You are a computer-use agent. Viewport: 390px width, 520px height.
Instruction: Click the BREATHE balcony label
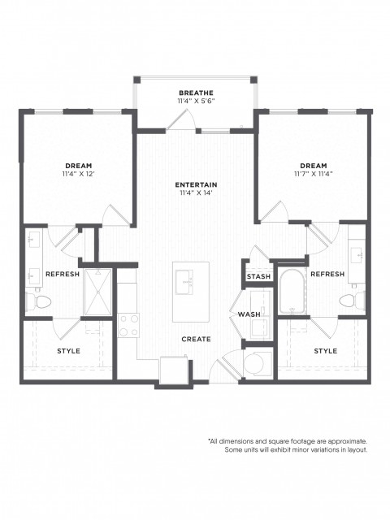[x=196, y=93]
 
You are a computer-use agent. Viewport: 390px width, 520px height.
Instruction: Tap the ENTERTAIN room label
[x=196, y=184]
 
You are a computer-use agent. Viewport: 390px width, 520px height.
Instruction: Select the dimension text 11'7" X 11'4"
[x=314, y=173]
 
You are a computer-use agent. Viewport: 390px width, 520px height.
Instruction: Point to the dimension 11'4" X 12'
[x=79, y=173]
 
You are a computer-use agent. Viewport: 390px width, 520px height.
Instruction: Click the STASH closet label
[x=258, y=276]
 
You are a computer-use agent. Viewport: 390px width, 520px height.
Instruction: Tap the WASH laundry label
[x=249, y=314]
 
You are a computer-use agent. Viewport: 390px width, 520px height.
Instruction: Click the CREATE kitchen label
[x=196, y=339]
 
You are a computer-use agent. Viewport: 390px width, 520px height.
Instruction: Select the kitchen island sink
[x=184, y=282]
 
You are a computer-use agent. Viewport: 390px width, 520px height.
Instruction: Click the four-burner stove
[x=128, y=325]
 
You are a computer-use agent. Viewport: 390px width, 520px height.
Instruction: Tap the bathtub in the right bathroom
[x=292, y=292]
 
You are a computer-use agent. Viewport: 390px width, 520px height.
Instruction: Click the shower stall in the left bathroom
[x=97, y=292]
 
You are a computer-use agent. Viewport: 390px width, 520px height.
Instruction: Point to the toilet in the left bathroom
[x=38, y=301]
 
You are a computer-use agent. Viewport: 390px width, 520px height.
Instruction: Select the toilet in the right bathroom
[x=352, y=301]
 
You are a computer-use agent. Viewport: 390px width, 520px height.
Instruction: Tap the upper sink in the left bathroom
[x=34, y=238]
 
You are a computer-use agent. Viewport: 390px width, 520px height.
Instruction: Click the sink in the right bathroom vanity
[x=357, y=254]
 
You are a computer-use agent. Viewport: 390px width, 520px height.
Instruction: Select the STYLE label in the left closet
[x=68, y=351]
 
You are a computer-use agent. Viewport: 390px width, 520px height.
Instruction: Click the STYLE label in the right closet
[x=326, y=351]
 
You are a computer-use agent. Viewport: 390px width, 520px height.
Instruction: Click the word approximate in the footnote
[x=347, y=441]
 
